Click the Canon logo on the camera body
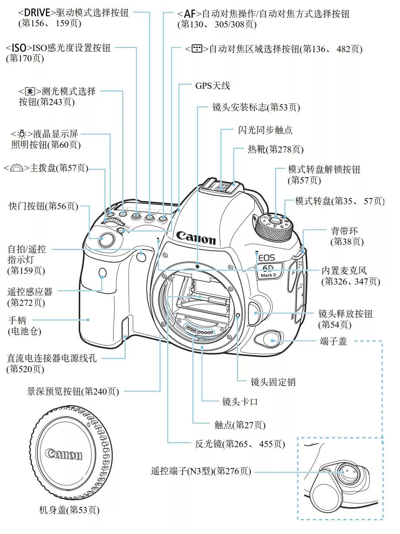196,237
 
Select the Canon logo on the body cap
64,454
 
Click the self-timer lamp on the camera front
142,255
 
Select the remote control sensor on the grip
102,273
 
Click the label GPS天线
212,85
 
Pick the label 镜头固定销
273,382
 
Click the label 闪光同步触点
265,130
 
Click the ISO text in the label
19,48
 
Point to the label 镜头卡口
240,402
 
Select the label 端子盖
333,341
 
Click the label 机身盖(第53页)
69,510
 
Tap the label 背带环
344,231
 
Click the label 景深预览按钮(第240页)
73,391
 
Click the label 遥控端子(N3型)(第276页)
201,471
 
